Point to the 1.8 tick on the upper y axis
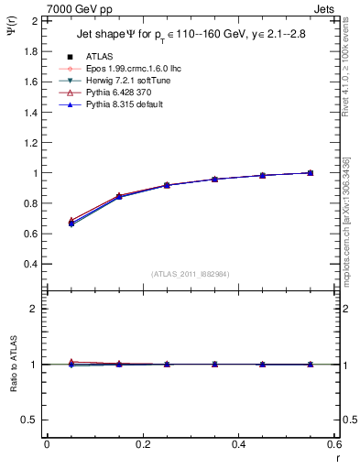pyautogui.click(x=30, y=51)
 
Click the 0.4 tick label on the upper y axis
pyautogui.click(x=30, y=264)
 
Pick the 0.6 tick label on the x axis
pyautogui.click(x=334, y=445)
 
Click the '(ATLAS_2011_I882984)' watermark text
pyautogui.click(x=191, y=274)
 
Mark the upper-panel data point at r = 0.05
pyautogui.click(x=71, y=223)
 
